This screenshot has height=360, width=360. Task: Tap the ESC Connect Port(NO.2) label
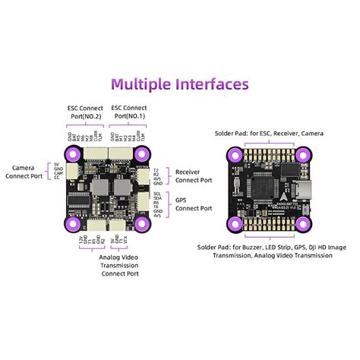[85, 112]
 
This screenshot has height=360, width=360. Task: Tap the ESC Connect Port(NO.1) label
[130, 112]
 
